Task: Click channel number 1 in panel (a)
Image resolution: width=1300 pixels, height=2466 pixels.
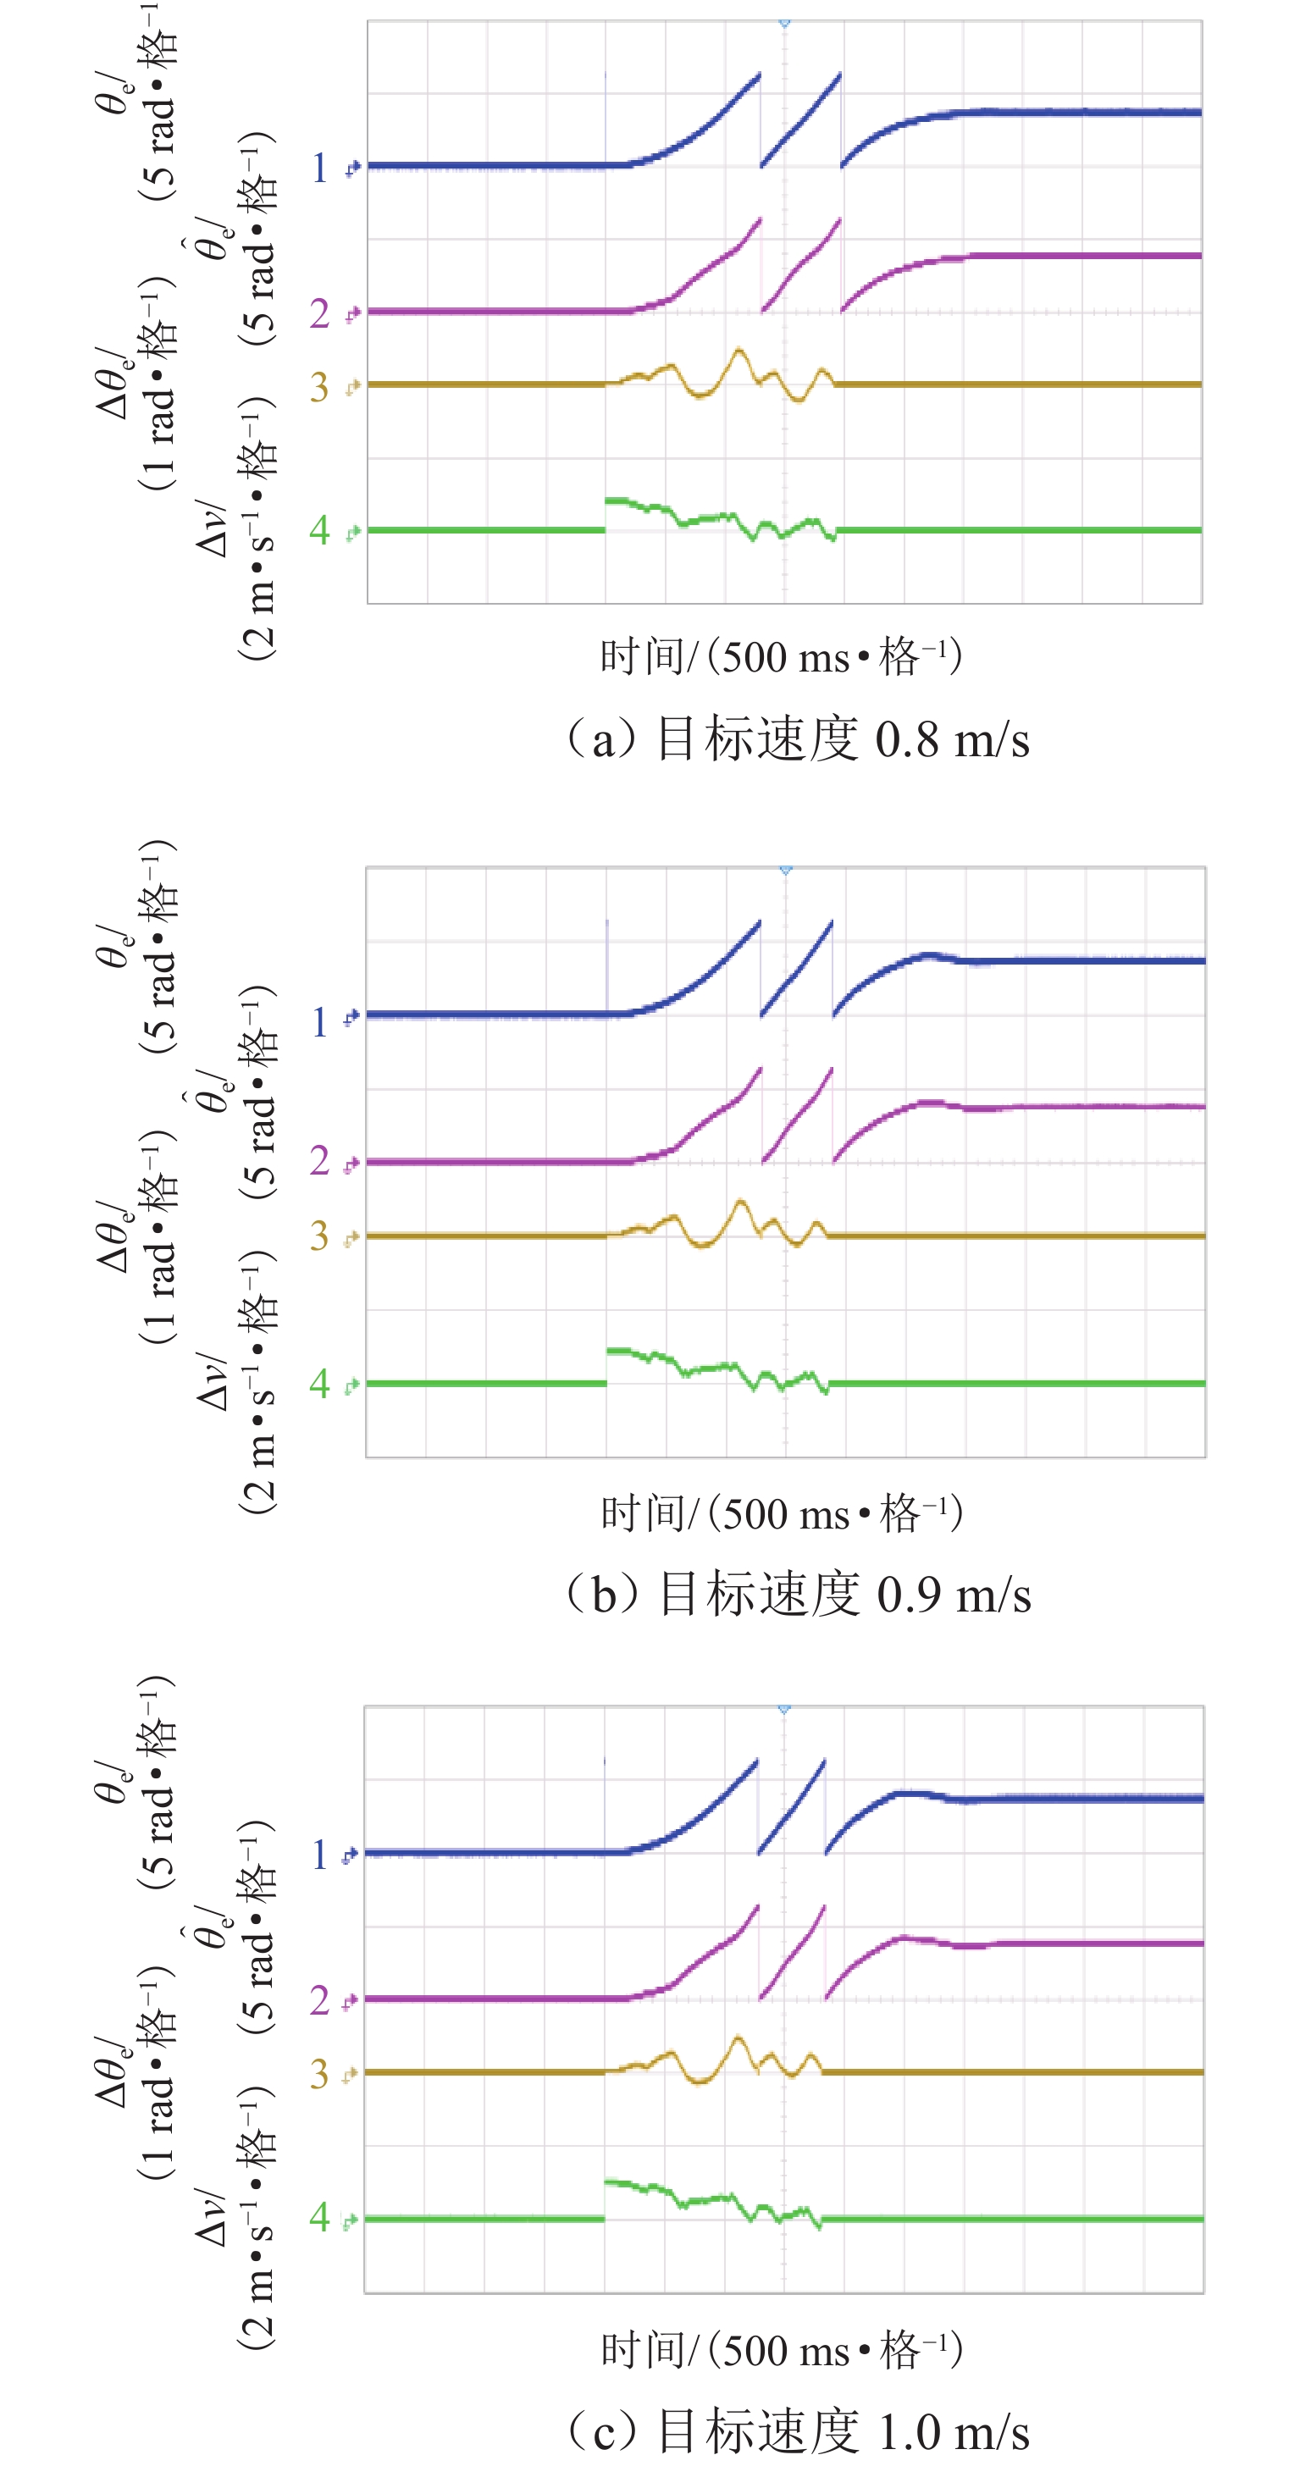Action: click(x=320, y=169)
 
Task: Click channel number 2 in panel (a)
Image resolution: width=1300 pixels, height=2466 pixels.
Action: click(x=320, y=313)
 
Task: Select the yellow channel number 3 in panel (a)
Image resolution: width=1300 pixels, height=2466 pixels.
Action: click(x=320, y=387)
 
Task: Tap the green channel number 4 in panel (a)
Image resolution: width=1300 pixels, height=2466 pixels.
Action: click(x=320, y=529)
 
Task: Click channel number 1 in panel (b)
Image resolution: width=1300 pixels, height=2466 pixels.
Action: click(x=320, y=1022)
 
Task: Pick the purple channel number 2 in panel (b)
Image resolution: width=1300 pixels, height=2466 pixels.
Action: click(x=320, y=1161)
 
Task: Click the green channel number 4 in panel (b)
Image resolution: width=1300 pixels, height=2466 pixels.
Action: click(x=320, y=1382)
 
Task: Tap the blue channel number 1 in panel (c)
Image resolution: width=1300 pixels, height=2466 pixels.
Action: click(x=320, y=1855)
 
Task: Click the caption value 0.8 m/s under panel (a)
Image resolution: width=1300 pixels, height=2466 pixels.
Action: click(x=952, y=740)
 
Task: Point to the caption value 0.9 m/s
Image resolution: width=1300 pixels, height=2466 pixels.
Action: click(x=954, y=1594)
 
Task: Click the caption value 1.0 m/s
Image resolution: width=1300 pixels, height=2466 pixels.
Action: click(x=954, y=2431)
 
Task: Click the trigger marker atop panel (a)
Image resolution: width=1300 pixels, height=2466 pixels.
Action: click(x=784, y=22)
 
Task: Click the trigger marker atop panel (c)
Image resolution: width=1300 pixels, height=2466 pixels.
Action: click(x=784, y=1709)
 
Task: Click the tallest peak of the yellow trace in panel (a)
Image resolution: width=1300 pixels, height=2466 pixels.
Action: click(x=738, y=351)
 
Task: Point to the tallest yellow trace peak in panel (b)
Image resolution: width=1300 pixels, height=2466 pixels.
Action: click(x=739, y=1202)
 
